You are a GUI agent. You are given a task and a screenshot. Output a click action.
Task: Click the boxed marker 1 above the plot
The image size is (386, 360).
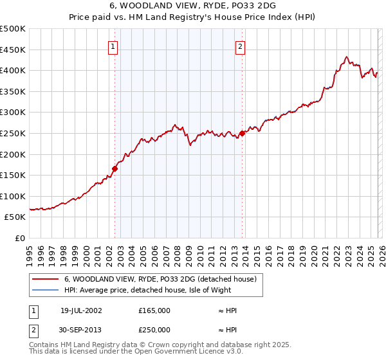113,46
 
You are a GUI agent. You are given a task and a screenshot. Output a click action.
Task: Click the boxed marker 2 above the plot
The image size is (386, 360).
240,46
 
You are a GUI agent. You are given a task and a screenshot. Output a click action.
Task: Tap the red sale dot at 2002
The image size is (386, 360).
115,169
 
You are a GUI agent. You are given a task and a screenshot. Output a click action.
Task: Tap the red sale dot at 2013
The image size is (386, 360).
243,134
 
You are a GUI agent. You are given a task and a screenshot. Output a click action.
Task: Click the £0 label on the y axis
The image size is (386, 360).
19,238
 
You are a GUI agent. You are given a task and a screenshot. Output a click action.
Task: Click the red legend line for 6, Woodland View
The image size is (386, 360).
45,279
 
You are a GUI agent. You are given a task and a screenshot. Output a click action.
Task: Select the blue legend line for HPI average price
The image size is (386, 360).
45,290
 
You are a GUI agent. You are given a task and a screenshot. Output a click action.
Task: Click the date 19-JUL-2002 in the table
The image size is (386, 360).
81,310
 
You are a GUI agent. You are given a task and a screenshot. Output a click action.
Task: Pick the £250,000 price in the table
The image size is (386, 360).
154,329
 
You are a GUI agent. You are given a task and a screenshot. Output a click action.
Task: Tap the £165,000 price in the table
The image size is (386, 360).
154,310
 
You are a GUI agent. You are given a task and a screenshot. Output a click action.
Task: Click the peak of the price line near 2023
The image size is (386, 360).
347,57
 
